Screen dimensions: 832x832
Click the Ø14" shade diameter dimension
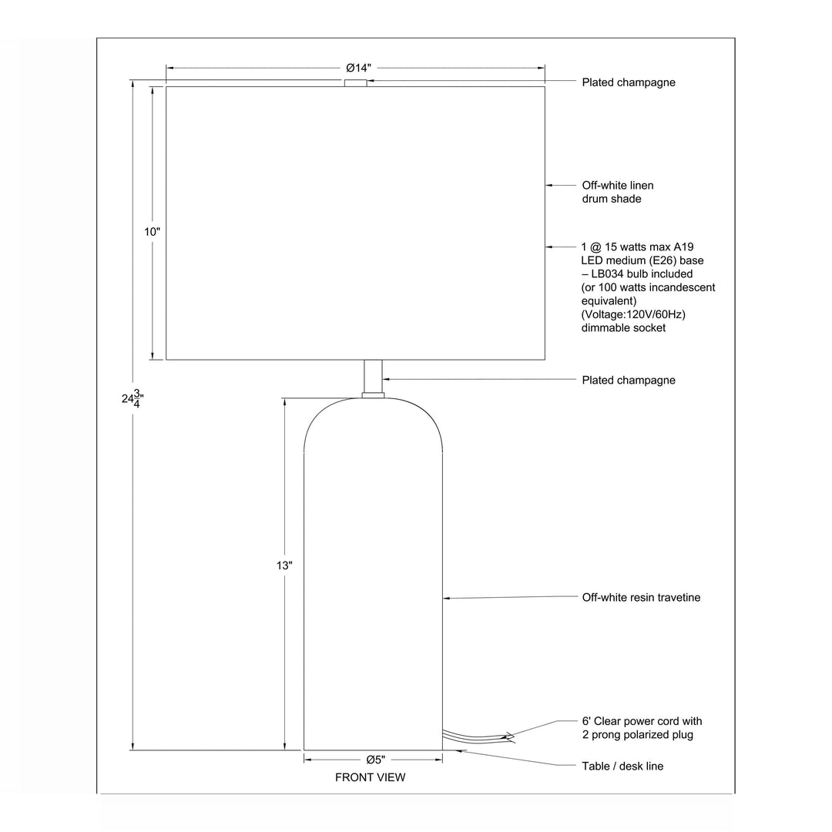click(359, 68)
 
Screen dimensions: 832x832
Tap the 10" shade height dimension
click(153, 232)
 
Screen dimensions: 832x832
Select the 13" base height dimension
click(284, 565)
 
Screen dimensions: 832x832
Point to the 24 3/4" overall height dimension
click(133, 398)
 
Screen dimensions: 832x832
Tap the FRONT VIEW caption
click(371, 777)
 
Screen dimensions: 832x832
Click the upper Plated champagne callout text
click(629, 82)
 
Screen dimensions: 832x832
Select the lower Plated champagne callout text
click(629, 380)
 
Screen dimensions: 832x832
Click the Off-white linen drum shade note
click(618, 192)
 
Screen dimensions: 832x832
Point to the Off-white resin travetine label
click(641, 598)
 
